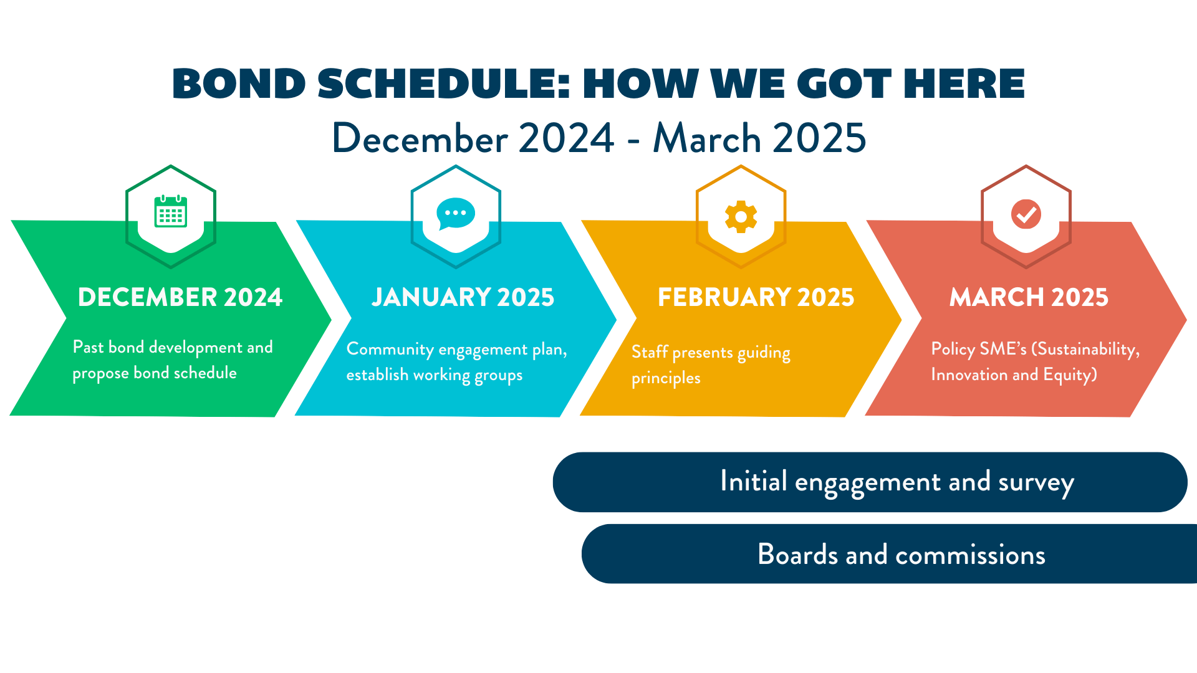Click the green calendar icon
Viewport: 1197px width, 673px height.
point(171,211)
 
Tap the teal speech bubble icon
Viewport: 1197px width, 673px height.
point(456,214)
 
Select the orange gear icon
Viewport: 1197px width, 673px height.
point(741,217)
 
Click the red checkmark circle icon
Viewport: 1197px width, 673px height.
point(1026,214)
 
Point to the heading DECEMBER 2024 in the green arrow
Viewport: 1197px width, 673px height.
point(180,297)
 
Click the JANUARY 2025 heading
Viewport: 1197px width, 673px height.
point(463,297)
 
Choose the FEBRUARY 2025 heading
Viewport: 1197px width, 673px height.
point(756,297)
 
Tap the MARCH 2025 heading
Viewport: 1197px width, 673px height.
point(1029,297)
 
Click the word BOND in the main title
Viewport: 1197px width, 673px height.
point(239,84)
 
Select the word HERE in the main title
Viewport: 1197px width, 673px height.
point(964,84)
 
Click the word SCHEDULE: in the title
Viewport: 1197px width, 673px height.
point(444,84)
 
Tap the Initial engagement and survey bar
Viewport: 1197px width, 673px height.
point(870,482)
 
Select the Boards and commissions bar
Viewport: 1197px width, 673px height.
point(889,554)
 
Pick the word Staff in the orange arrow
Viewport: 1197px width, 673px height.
point(650,352)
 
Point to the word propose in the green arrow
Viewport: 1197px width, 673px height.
point(100,374)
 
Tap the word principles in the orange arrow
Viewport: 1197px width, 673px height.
point(666,379)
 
